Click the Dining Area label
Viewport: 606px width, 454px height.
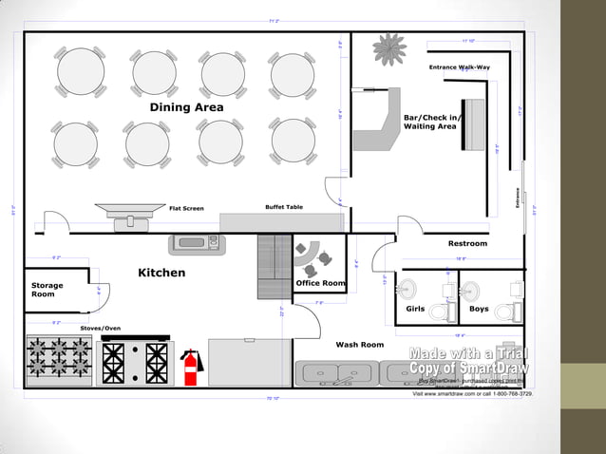pyautogui.click(x=187, y=107)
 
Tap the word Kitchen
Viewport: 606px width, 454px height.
pyautogui.click(x=161, y=273)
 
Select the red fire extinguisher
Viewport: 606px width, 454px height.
pyautogui.click(x=190, y=367)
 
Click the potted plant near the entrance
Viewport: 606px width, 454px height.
pyautogui.click(x=389, y=49)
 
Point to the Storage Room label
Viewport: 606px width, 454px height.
pyautogui.click(x=47, y=290)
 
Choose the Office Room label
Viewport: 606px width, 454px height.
pyautogui.click(x=320, y=283)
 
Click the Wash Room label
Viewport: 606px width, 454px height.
pyautogui.click(x=359, y=345)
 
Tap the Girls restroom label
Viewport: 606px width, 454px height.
pyautogui.click(x=415, y=309)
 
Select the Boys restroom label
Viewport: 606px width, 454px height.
pyautogui.click(x=479, y=309)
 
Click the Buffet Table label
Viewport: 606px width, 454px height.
pyautogui.click(x=283, y=207)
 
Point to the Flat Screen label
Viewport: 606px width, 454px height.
pyautogui.click(x=186, y=208)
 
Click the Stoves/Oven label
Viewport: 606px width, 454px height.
pyautogui.click(x=100, y=328)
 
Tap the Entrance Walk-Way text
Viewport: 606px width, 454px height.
pyautogui.click(x=459, y=67)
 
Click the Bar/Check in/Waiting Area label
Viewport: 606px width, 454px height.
pyautogui.click(x=431, y=122)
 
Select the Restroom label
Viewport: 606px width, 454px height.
pyautogui.click(x=467, y=244)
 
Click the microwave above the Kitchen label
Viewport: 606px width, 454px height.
pyautogui.click(x=195, y=243)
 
